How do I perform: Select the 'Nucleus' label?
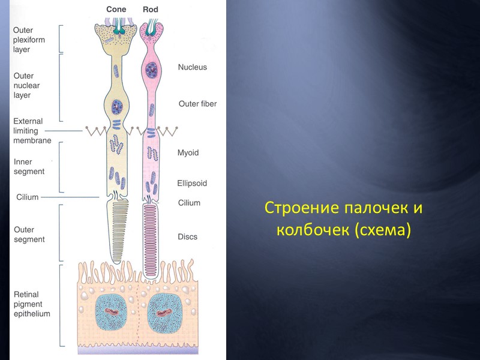tap(192, 67)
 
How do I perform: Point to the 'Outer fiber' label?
tap(197, 104)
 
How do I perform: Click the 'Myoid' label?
tap(188, 153)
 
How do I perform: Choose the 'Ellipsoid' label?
tap(191, 183)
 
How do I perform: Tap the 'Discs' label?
tap(187, 236)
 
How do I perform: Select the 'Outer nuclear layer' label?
tap(26, 85)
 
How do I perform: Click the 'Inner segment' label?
tap(29, 166)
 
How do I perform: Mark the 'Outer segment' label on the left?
tap(29, 234)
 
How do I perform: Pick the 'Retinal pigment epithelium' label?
tap(32, 304)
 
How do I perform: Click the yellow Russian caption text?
tap(344, 218)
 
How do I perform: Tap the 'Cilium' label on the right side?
tap(189, 203)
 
